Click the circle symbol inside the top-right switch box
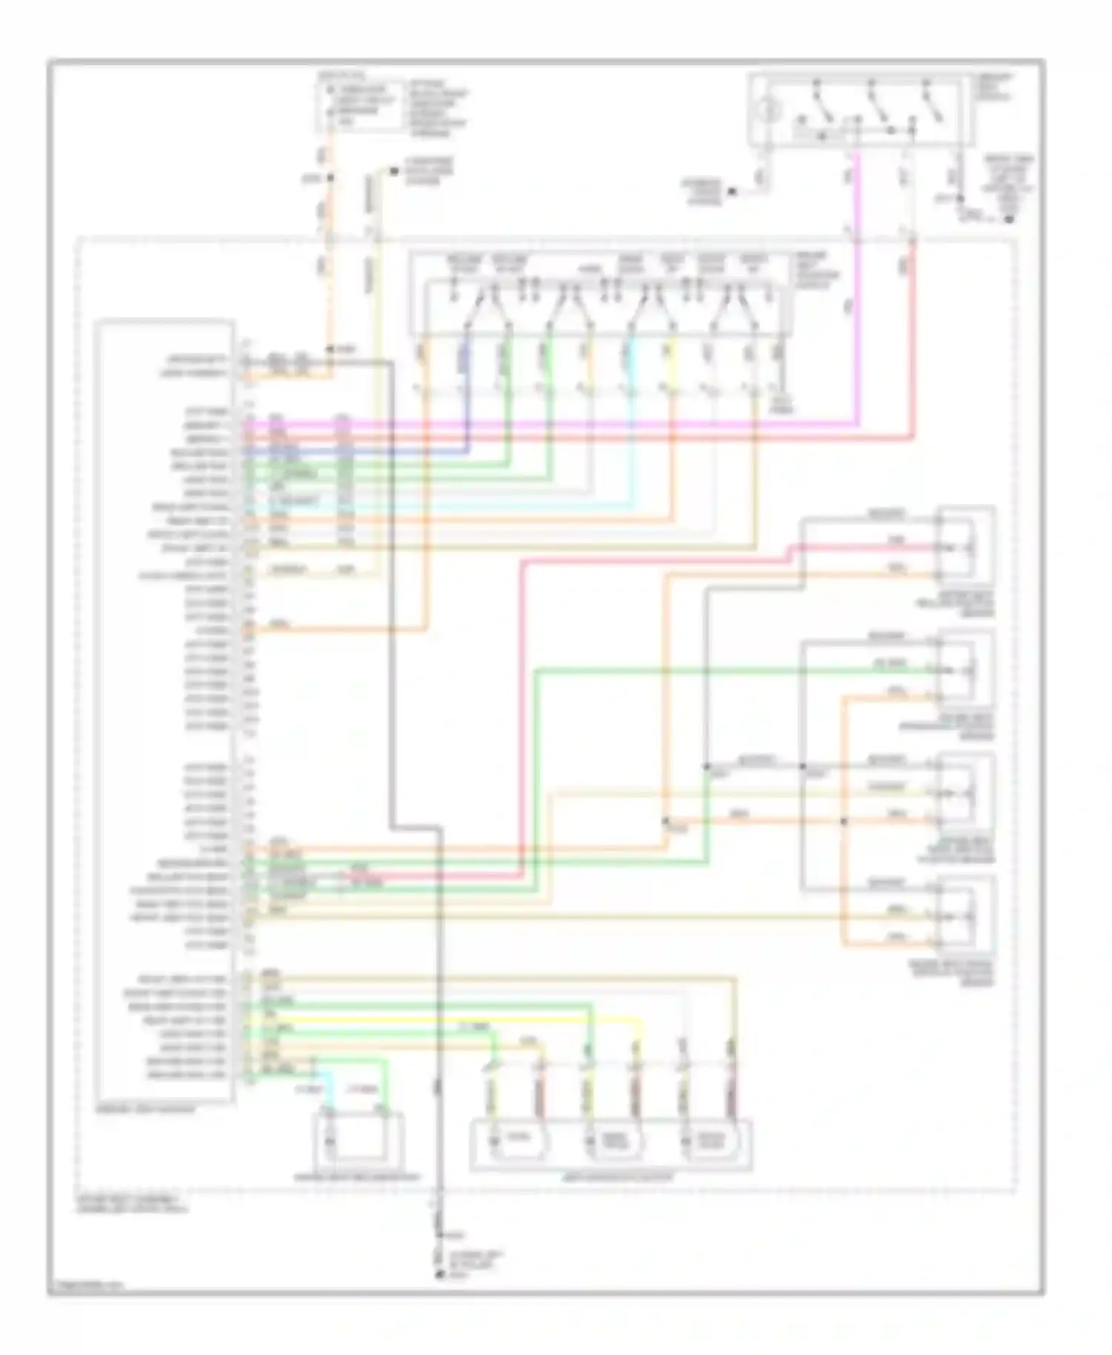click(770, 112)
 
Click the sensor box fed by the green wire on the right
click(964, 671)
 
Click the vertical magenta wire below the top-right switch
click(858, 296)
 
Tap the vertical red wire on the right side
click(913, 341)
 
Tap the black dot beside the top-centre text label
click(732, 191)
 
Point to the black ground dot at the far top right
click(1009, 219)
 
